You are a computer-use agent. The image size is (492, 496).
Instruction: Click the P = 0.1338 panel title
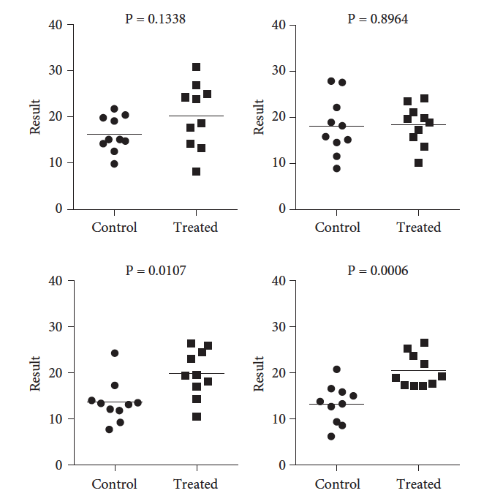[x=155, y=19]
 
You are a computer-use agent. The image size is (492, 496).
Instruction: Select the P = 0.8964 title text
[x=378, y=19]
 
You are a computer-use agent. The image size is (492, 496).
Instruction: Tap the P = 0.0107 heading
[x=155, y=271]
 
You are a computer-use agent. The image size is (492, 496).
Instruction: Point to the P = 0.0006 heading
[x=378, y=271]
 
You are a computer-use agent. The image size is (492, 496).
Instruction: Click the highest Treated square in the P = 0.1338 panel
[x=196, y=67]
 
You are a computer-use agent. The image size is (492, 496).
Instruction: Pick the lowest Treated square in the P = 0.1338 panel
[x=196, y=172]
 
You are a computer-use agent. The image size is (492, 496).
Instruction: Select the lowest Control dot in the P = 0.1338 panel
[x=114, y=164]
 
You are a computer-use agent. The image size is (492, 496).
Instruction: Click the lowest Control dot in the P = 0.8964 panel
[x=336, y=168]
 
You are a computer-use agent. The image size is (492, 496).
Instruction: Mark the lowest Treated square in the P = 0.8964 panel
[x=418, y=163]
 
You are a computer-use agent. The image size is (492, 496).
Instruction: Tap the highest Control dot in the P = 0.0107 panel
[x=115, y=353]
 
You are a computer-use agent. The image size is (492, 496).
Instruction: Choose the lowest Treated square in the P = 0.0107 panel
[x=196, y=417]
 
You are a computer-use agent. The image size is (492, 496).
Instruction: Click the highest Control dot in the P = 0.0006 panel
[x=336, y=369]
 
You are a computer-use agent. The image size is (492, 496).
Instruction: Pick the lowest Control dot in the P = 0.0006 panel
[x=331, y=436]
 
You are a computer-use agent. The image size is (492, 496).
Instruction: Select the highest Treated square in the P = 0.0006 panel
[x=424, y=342]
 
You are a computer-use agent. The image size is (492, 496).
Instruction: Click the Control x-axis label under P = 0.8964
[x=338, y=228]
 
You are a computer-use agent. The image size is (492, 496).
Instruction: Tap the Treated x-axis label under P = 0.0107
[x=195, y=484]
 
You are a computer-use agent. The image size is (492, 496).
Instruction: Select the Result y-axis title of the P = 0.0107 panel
[x=35, y=373]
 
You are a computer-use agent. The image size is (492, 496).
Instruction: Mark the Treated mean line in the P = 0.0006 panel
[x=419, y=371]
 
